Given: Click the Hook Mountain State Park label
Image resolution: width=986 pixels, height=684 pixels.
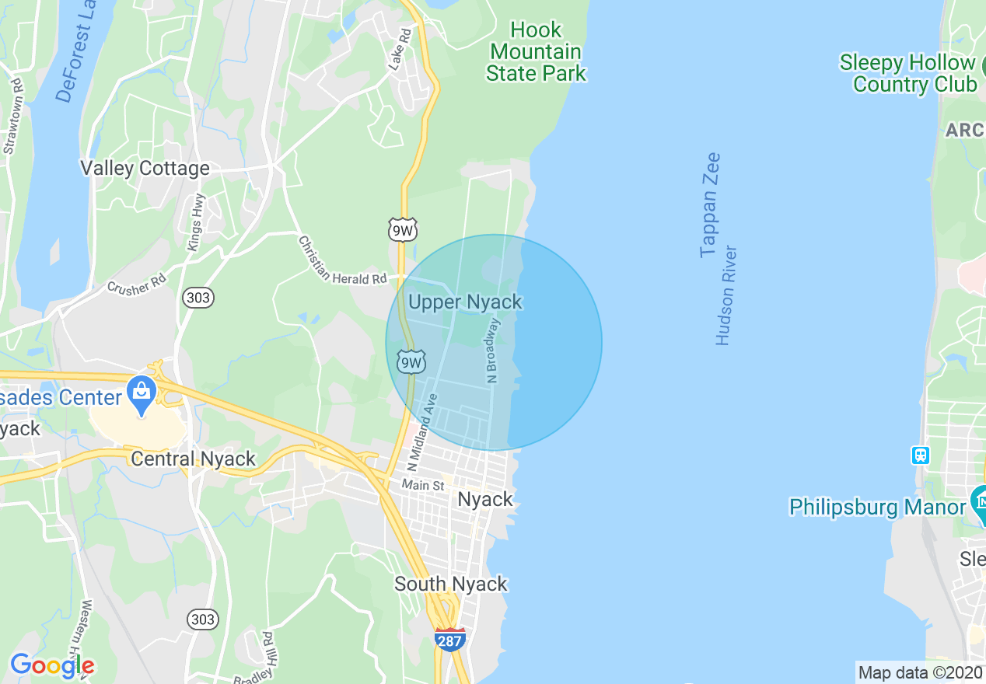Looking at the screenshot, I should (x=536, y=52).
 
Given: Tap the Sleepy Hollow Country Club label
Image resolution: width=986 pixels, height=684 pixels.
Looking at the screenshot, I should (x=907, y=73).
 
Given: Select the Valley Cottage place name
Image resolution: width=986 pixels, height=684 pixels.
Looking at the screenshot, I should (x=145, y=169).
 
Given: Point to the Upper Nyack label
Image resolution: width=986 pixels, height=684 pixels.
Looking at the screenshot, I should (x=465, y=302).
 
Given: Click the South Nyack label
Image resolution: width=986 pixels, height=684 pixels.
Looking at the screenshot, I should (x=451, y=584).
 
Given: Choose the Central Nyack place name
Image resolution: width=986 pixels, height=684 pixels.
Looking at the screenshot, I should (x=193, y=459).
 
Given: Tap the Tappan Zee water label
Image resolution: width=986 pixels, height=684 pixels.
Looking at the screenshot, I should (x=710, y=205).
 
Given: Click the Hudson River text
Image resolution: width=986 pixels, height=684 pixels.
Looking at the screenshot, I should (x=726, y=295).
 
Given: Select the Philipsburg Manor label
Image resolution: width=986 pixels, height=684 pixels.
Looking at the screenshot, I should (x=877, y=508).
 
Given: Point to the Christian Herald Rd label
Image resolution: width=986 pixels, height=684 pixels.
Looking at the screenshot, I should (x=343, y=261).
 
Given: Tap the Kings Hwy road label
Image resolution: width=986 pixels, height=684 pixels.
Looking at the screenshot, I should (x=195, y=223).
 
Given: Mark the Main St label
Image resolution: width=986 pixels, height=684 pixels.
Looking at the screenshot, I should (x=422, y=485).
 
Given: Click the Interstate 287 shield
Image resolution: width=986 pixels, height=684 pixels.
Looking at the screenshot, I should (x=450, y=639).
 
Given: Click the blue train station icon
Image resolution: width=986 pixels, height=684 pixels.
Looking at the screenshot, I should (x=921, y=455).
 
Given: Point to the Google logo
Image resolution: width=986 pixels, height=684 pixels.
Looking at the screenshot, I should (x=52, y=665).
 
